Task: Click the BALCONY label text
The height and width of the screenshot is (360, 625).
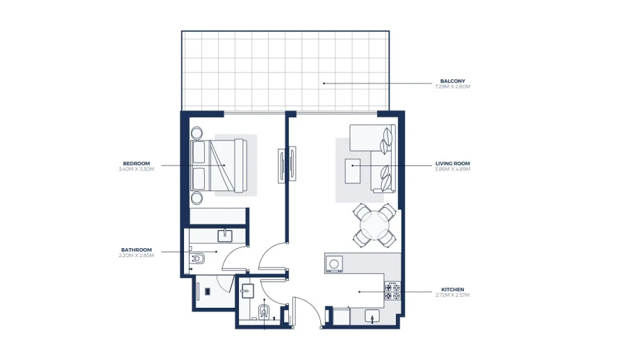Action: pos(453,81)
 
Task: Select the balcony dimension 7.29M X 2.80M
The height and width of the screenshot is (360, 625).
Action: pos(453,87)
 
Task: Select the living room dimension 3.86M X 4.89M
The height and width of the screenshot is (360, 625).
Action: pos(453,169)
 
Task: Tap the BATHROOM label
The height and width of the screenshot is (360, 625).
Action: pos(136,249)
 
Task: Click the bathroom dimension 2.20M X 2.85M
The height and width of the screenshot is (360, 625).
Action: pos(136,256)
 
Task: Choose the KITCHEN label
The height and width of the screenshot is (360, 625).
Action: pos(453,289)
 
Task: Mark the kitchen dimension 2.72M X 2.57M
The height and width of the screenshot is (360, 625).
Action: pos(453,295)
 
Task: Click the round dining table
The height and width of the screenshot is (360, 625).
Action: pos(375,225)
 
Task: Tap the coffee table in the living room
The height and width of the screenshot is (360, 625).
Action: pos(353,170)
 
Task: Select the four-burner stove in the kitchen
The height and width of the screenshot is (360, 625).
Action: pos(392,291)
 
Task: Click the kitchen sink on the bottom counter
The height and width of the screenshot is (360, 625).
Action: pos(372,317)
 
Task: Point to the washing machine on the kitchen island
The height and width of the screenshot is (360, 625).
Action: pos(334,263)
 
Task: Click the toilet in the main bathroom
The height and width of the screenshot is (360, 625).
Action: pos(197,260)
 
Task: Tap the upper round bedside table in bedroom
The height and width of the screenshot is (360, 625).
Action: pos(197,132)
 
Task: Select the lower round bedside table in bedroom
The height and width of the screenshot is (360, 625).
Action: pos(197,198)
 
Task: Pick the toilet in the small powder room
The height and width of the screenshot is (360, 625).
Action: pos(264,311)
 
